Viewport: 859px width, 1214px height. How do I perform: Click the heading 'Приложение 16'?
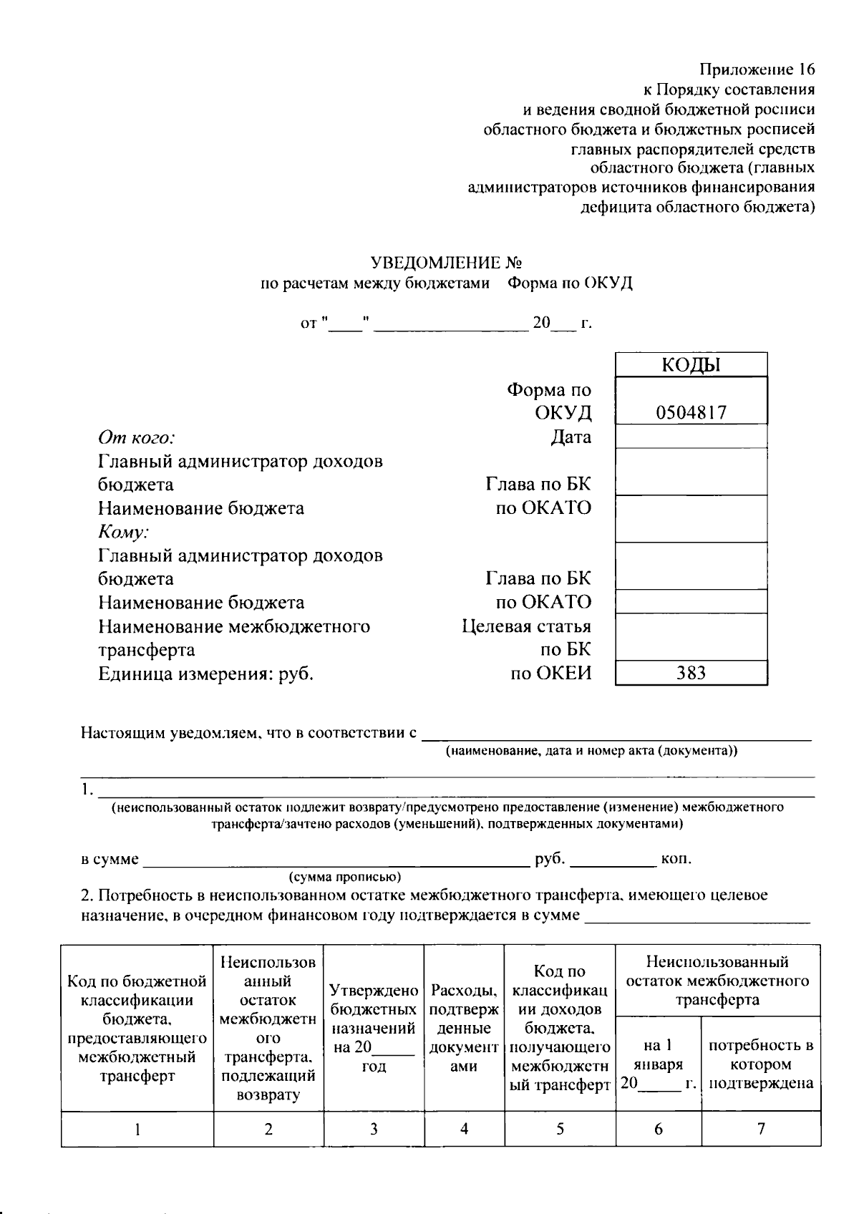(757, 69)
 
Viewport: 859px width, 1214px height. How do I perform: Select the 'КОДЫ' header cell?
(691, 365)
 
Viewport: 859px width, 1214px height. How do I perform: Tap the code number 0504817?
(691, 413)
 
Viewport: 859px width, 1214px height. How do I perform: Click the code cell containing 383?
(691, 673)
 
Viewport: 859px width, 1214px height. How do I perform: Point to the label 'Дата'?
(571, 437)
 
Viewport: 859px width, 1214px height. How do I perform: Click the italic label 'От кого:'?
(137, 437)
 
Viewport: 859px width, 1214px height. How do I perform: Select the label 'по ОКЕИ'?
(550, 674)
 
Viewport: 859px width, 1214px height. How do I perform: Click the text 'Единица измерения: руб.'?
(206, 674)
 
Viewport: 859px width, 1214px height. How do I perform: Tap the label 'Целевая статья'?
(526, 626)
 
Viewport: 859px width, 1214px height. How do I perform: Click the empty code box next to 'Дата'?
(691, 437)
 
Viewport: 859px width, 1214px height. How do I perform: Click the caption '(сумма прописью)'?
(344, 877)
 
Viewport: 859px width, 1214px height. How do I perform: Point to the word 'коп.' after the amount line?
(676, 859)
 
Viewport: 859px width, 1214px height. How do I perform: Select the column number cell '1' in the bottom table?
(137, 1130)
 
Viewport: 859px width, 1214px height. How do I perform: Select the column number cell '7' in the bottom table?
(761, 1129)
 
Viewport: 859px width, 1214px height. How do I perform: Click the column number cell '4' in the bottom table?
(464, 1129)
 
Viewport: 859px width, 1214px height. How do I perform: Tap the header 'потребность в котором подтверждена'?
(761, 1064)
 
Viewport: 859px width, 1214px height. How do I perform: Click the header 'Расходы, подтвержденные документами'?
(464, 1029)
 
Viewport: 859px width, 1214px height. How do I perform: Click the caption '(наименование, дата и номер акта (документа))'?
(591, 751)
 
